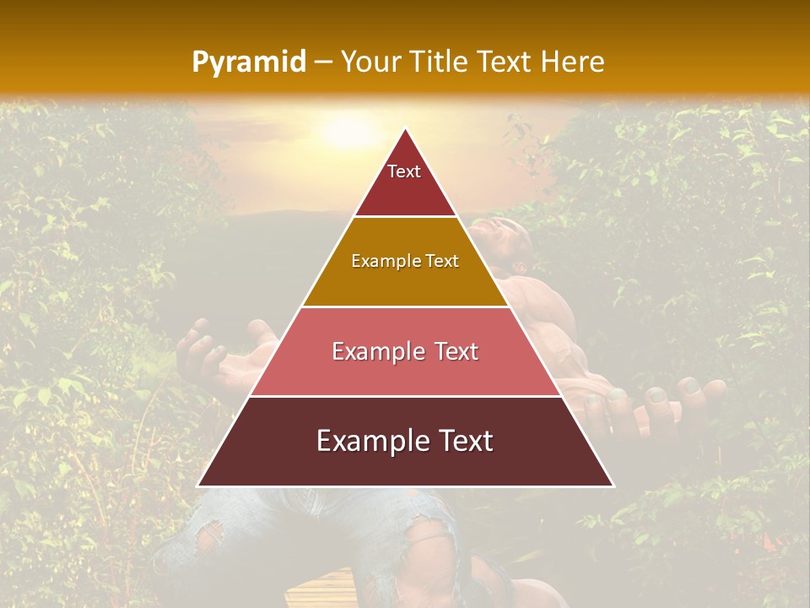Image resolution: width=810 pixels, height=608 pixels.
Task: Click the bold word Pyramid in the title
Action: tap(248, 62)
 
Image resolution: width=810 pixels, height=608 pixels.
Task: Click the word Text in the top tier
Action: tap(404, 171)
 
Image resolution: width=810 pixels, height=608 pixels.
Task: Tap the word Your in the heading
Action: tap(368, 62)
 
